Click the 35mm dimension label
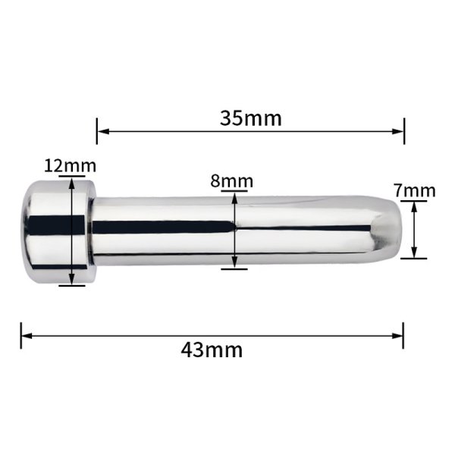pyautogui.click(x=251, y=118)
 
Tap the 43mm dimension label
pyautogui.click(x=212, y=350)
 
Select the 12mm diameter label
pyautogui.click(x=70, y=166)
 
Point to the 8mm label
pyautogui.click(x=231, y=181)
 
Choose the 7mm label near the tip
pyautogui.click(x=415, y=191)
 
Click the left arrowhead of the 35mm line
pyautogui.click(x=103, y=131)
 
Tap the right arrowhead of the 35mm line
pyautogui.click(x=397, y=131)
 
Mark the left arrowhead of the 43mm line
pyautogui.click(x=27, y=336)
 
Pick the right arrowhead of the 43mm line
pyautogui.click(x=397, y=336)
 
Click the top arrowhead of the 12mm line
pyautogui.click(x=72, y=184)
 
